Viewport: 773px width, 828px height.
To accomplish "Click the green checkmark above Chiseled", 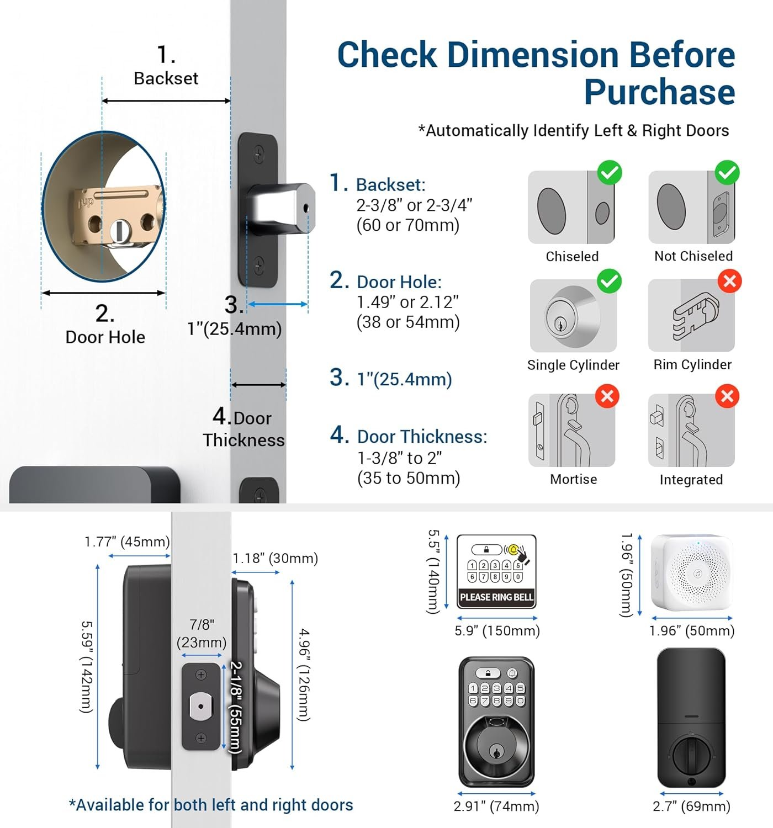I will point(610,173).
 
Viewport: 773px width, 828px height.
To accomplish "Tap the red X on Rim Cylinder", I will point(729,282).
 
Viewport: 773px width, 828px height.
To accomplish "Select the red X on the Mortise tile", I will point(607,396).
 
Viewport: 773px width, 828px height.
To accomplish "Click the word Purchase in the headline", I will point(659,92).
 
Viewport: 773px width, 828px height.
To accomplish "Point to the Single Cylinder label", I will point(573,365).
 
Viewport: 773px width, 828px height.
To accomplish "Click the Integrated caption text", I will point(691,480).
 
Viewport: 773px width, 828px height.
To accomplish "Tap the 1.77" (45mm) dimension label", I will point(127,542).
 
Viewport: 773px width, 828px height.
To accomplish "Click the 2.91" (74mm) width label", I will point(496,806).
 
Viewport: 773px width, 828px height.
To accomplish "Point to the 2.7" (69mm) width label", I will point(691,806).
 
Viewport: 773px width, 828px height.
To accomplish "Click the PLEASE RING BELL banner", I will point(496,597).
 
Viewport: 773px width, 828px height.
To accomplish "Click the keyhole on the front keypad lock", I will point(496,752).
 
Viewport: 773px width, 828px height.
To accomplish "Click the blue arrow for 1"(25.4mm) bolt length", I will point(277,304).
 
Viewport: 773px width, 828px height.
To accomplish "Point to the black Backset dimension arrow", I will point(166,100).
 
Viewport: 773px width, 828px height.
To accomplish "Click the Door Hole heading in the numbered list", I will point(399,282).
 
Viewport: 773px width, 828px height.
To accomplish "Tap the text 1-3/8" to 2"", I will point(400,458).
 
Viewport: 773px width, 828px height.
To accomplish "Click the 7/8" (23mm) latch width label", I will point(202,633).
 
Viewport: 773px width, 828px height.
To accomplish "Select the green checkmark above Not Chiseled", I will point(727,173).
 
